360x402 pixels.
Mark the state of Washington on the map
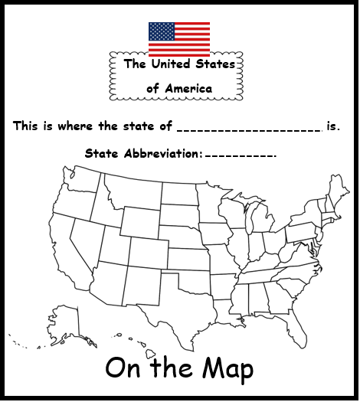click(x=77, y=182)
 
